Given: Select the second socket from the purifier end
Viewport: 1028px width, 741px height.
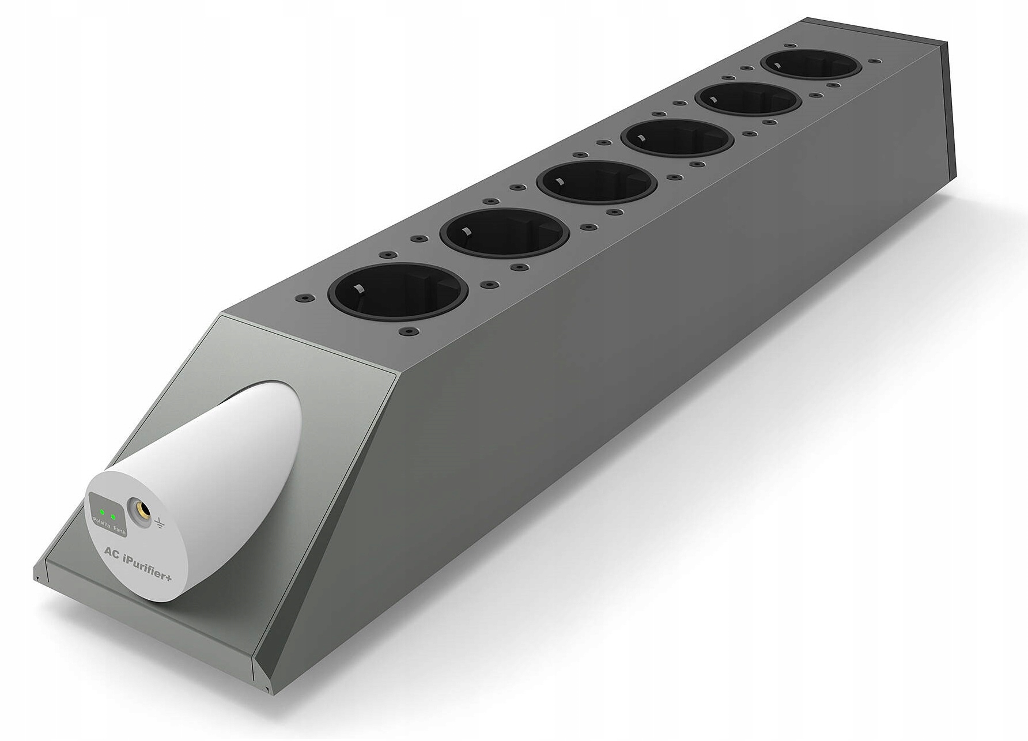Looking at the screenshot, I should [504, 233].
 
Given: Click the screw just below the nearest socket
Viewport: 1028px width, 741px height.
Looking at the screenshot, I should [409, 332].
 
